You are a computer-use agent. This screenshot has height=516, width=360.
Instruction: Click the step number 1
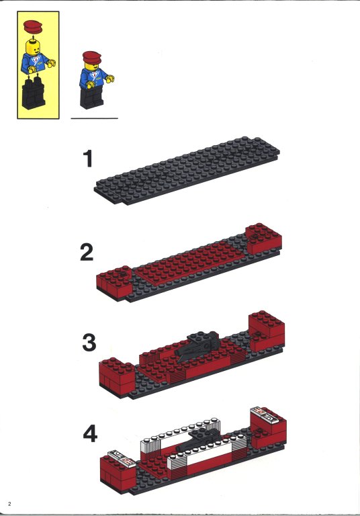[87, 159]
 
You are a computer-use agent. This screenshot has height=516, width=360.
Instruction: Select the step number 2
[87, 253]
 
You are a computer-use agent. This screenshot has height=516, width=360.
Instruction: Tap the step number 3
[89, 343]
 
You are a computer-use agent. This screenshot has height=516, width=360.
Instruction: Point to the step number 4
[90, 433]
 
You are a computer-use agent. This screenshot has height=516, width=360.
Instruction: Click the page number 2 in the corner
[10, 504]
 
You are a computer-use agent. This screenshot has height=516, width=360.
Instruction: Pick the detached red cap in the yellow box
[33, 27]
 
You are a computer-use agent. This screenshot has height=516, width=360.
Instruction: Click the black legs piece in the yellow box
[33, 93]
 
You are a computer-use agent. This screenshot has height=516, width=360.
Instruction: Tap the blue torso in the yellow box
[37, 62]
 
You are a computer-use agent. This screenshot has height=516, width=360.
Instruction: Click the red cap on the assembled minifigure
[92, 57]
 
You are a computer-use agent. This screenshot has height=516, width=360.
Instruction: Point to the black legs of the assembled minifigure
[91, 97]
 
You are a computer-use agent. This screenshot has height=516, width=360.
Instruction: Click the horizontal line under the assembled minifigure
[95, 118]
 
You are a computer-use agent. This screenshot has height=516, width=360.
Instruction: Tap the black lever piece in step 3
[197, 346]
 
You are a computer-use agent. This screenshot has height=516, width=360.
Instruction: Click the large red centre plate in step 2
[188, 261]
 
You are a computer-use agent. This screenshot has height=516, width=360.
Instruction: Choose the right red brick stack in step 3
[267, 331]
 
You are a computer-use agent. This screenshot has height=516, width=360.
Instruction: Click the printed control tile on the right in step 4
[265, 415]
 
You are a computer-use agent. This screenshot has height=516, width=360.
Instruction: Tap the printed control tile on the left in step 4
[122, 458]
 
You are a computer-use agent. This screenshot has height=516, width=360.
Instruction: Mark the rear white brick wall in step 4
[180, 435]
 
